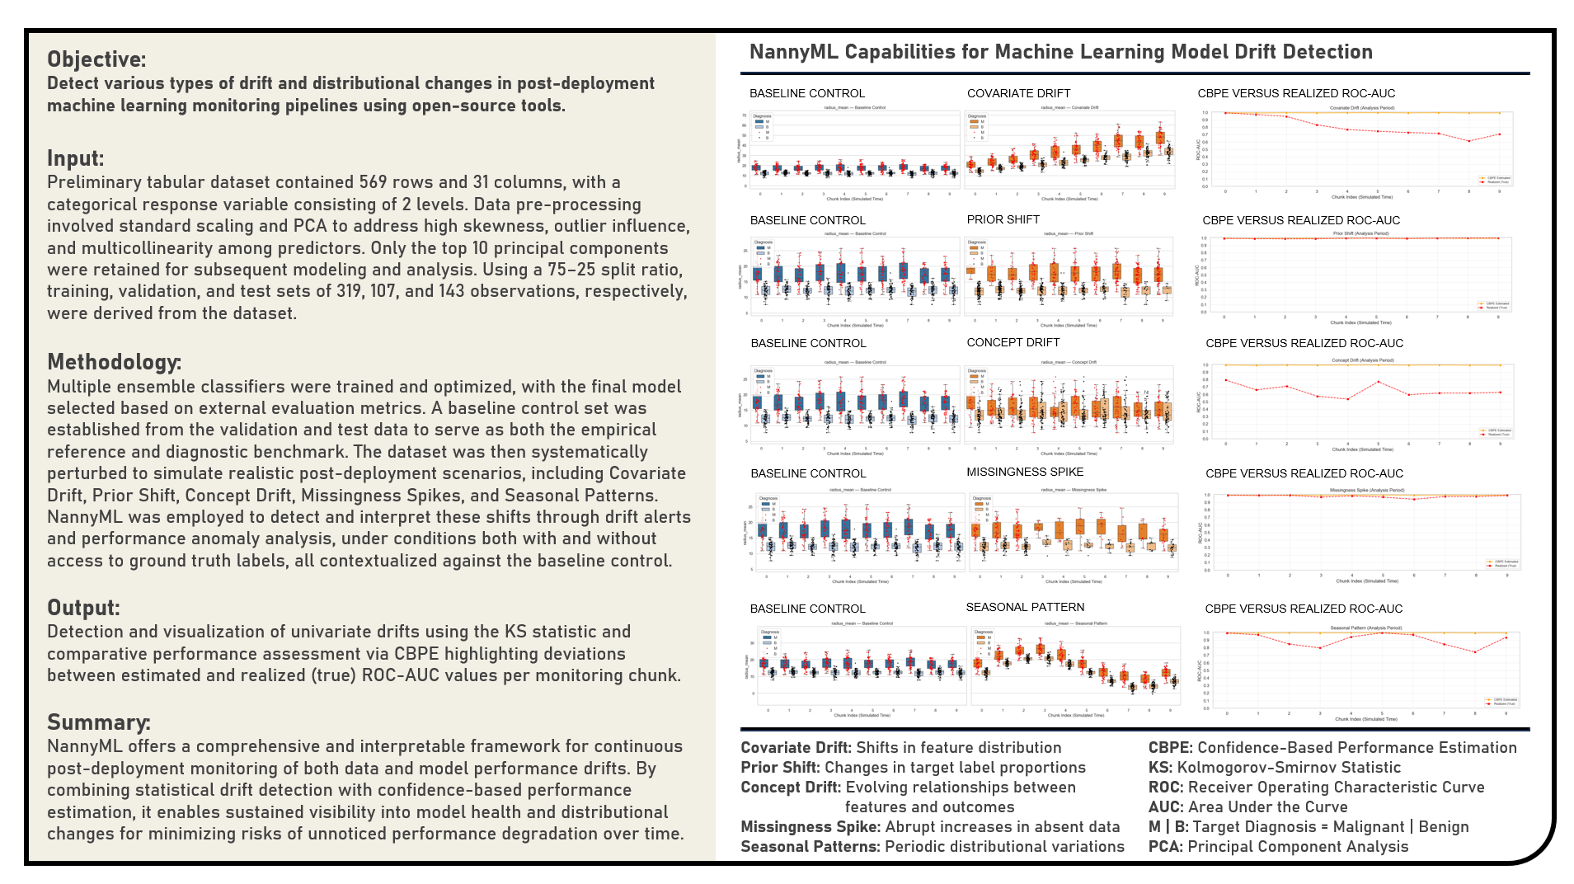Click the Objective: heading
pyautogui.click(x=96, y=59)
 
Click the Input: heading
pyautogui.click(x=75, y=158)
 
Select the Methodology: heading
pyautogui.click(x=114, y=362)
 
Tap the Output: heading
pyautogui.click(x=83, y=608)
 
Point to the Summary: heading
pyautogui.click(x=98, y=722)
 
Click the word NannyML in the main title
pyautogui.click(x=794, y=52)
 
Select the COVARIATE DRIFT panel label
pyautogui.click(x=1018, y=93)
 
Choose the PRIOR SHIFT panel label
pyautogui.click(x=1003, y=219)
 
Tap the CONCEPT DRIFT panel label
pyautogui.click(x=1013, y=342)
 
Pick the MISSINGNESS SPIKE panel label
pyautogui.click(x=1025, y=472)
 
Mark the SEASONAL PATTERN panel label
pyautogui.click(x=1025, y=607)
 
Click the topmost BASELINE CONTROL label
pyautogui.click(x=806, y=93)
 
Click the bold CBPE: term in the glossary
pyautogui.click(x=1170, y=748)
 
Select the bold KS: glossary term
pyautogui.click(x=1160, y=768)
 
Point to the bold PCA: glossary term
pyautogui.click(x=1165, y=847)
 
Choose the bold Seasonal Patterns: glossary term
pyautogui.click(x=810, y=847)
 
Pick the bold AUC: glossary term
pyautogui.click(x=1166, y=807)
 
